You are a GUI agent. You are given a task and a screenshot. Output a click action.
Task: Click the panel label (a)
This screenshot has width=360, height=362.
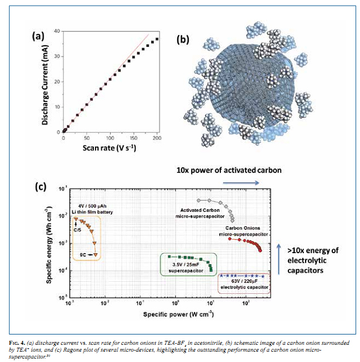pyautogui.click(x=38, y=36)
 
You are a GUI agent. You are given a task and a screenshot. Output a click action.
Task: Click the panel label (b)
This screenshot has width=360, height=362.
pyautogui.click(x=183, y=40)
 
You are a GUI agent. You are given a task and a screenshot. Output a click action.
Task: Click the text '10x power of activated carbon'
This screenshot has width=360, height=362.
pyautogui.click(x=221, y=170)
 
